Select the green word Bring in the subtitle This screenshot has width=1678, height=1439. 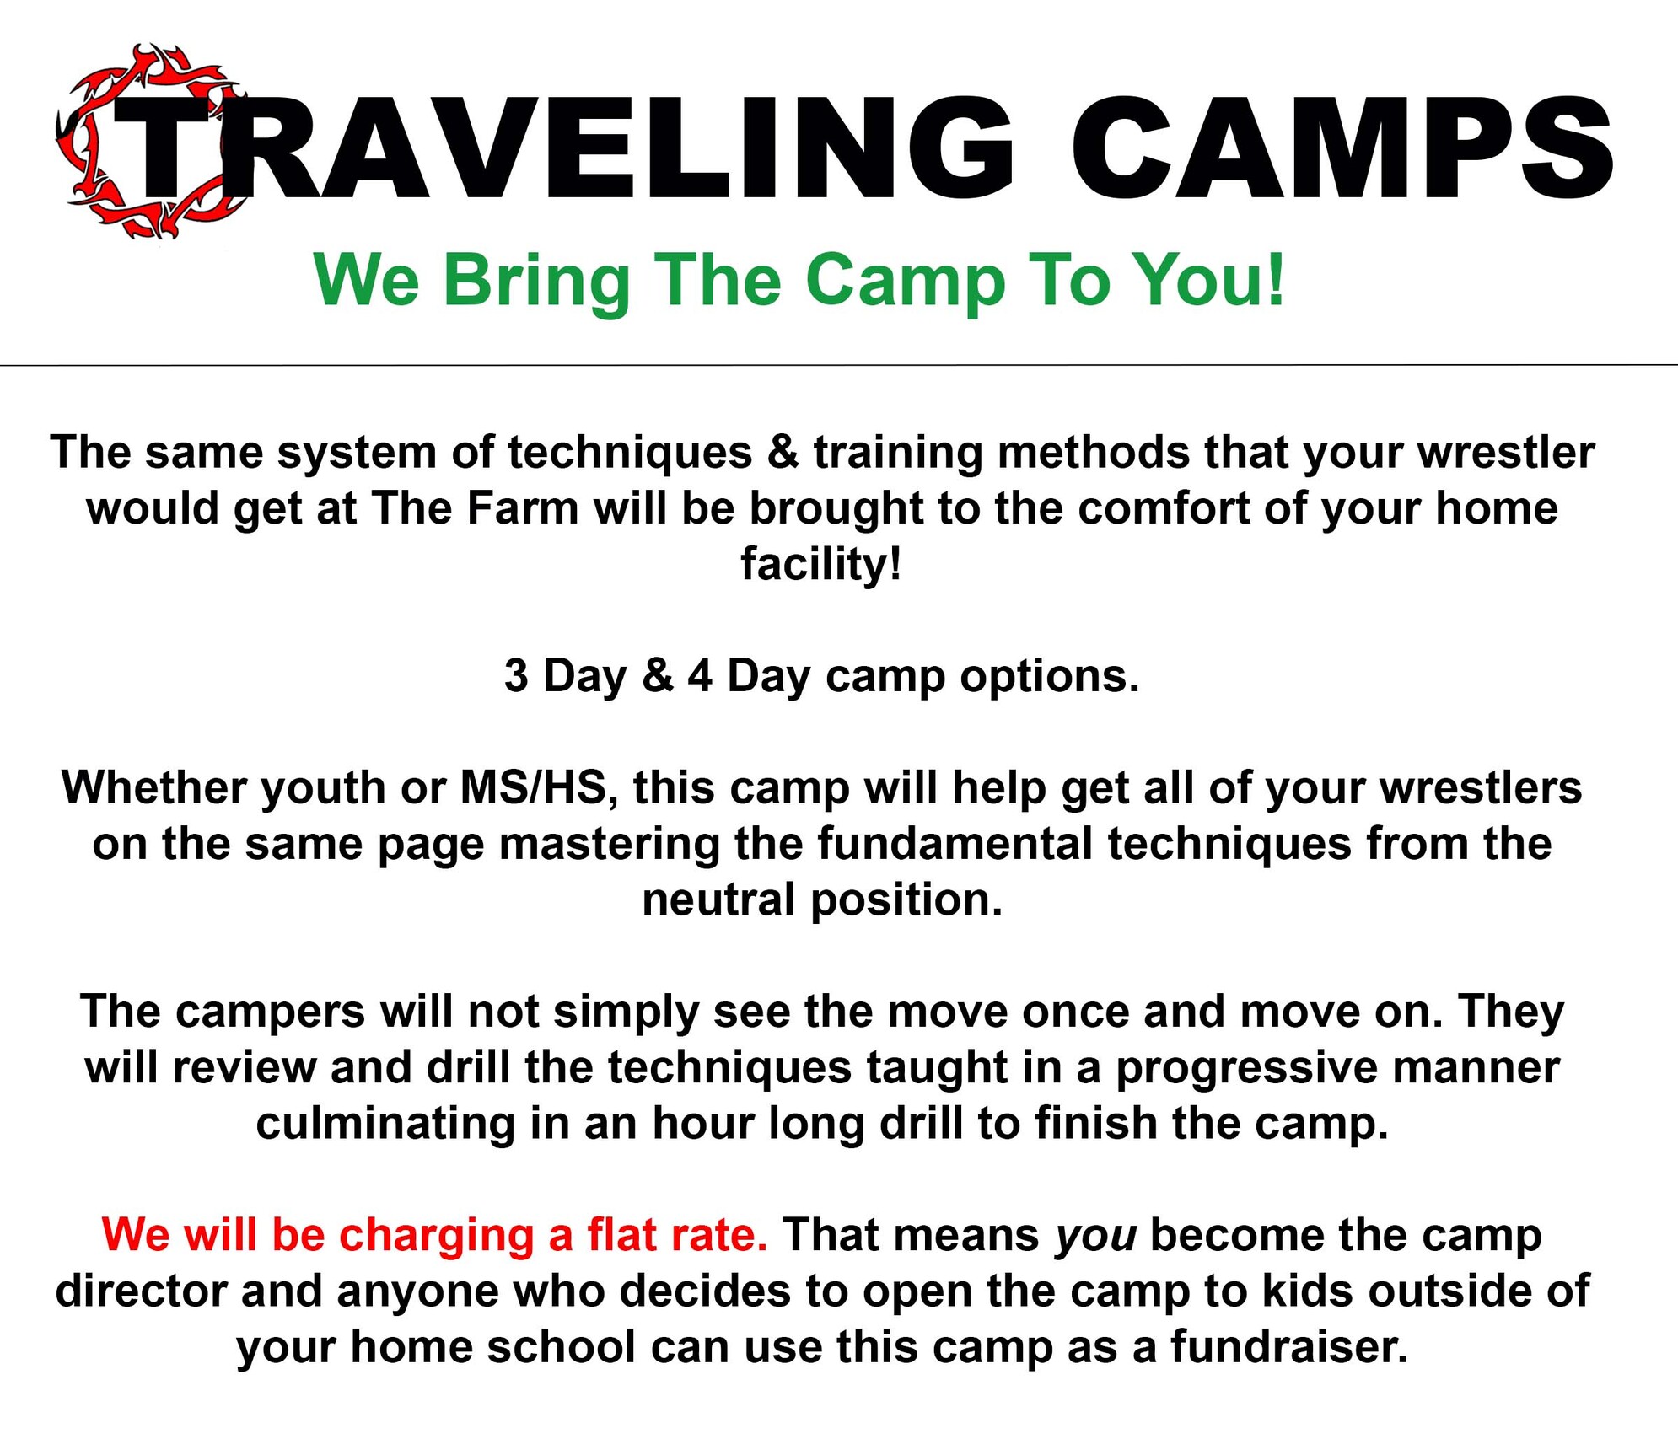(536, 281)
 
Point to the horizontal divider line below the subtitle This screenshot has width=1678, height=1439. (839, 365)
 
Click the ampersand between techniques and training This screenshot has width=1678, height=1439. (783, 453)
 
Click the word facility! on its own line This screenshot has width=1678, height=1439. (821, 564)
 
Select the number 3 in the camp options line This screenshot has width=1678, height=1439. (515, 676)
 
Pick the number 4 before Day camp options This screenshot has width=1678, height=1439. (699, 676)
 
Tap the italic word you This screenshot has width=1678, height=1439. (1095, 1236)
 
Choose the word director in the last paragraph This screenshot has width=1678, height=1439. (141, 1291)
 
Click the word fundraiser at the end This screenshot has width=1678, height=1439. (1288, 1347)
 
